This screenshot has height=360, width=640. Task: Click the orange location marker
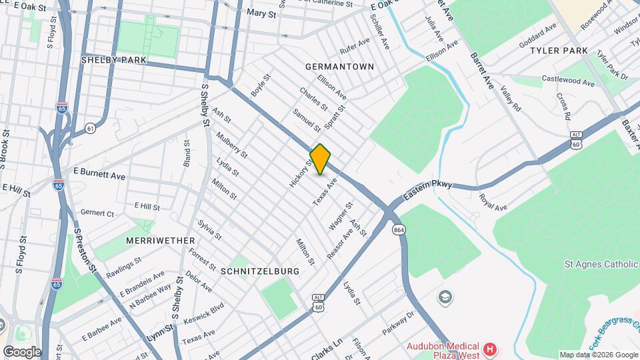(321, 159)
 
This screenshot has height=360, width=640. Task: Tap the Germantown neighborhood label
(339, 67)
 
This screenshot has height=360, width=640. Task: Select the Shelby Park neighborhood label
(113, 60)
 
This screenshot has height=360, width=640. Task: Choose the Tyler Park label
(559, 51)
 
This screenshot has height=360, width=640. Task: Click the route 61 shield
(90, 127)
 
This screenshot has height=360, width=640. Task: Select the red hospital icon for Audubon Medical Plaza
(490, 349)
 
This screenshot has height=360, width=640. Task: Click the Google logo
(22, 351)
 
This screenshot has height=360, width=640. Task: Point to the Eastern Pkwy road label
(427, 190)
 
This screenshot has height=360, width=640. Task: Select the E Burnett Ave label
(99, 174)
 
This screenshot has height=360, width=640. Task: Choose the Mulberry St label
(231, 145)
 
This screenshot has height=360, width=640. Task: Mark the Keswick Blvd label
(204, 315)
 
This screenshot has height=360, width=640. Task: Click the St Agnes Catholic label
(601, 265)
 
